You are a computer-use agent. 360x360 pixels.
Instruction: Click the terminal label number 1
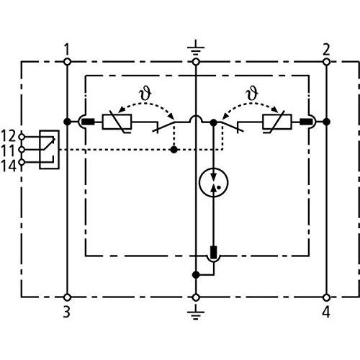click(67, 50)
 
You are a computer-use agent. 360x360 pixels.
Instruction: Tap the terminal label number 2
click(326, 50)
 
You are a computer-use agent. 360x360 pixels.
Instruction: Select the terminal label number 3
click(67, 312)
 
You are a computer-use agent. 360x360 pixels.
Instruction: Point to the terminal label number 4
click(326, 312)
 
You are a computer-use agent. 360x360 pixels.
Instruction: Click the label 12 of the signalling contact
click(9, 136)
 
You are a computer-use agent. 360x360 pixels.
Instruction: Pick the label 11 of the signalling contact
click(9, 150)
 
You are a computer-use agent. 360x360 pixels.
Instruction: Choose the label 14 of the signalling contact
click(9, 166)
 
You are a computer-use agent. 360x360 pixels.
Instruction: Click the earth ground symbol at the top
click(196, 48)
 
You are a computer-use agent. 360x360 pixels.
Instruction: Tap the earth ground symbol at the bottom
click(196, 312)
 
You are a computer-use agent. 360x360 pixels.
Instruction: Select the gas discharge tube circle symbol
click(213, 183)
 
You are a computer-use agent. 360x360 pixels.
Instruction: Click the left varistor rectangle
click(117, 122)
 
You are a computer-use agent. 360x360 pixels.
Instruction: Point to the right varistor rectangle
click(277, 122)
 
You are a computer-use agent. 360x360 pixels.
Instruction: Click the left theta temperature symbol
click(145, 94)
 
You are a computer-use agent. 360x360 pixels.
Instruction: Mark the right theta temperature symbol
click(252, 94)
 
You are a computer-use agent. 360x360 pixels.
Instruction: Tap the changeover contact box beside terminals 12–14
click(49, 150)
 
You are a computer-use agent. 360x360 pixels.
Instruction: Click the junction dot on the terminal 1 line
click(68, 122)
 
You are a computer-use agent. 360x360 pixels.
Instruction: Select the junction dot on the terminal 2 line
click(326, 122)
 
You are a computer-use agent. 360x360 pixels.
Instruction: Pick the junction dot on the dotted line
click(174, 150)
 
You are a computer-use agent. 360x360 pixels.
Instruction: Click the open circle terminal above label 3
click(68, 297)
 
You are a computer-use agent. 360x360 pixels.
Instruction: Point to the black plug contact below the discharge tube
click(213, 252)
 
